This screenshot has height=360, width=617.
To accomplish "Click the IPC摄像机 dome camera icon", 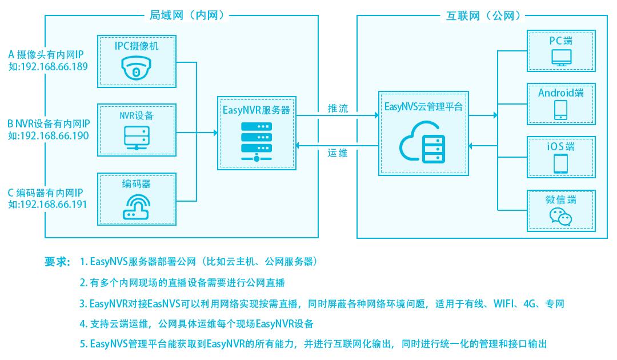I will coord(137,69).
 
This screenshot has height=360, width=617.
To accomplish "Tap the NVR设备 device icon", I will coord(137,137).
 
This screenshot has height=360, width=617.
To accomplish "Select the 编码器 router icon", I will coord(137,207).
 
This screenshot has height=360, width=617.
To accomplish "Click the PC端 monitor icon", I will coord(560,58).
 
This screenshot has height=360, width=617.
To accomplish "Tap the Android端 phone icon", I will coord(560,110).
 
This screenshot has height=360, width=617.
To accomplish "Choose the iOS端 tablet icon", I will coord(560,163).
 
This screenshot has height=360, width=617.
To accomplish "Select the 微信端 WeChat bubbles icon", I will coord(560,217).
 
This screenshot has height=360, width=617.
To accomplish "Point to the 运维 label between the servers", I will coord(337,153).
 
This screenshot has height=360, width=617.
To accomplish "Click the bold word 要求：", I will coord(57,262).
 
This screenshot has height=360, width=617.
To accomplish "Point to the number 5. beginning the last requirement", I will coord(83,344).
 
